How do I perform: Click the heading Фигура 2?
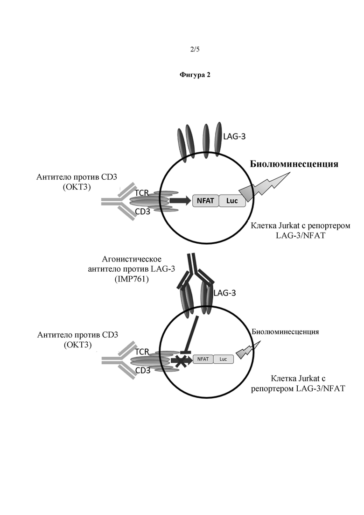195,75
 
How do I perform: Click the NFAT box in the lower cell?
203,359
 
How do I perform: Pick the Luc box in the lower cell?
223,359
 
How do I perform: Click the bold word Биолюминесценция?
294,164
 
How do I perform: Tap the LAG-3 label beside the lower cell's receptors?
224,293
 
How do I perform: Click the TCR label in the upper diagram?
142,192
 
